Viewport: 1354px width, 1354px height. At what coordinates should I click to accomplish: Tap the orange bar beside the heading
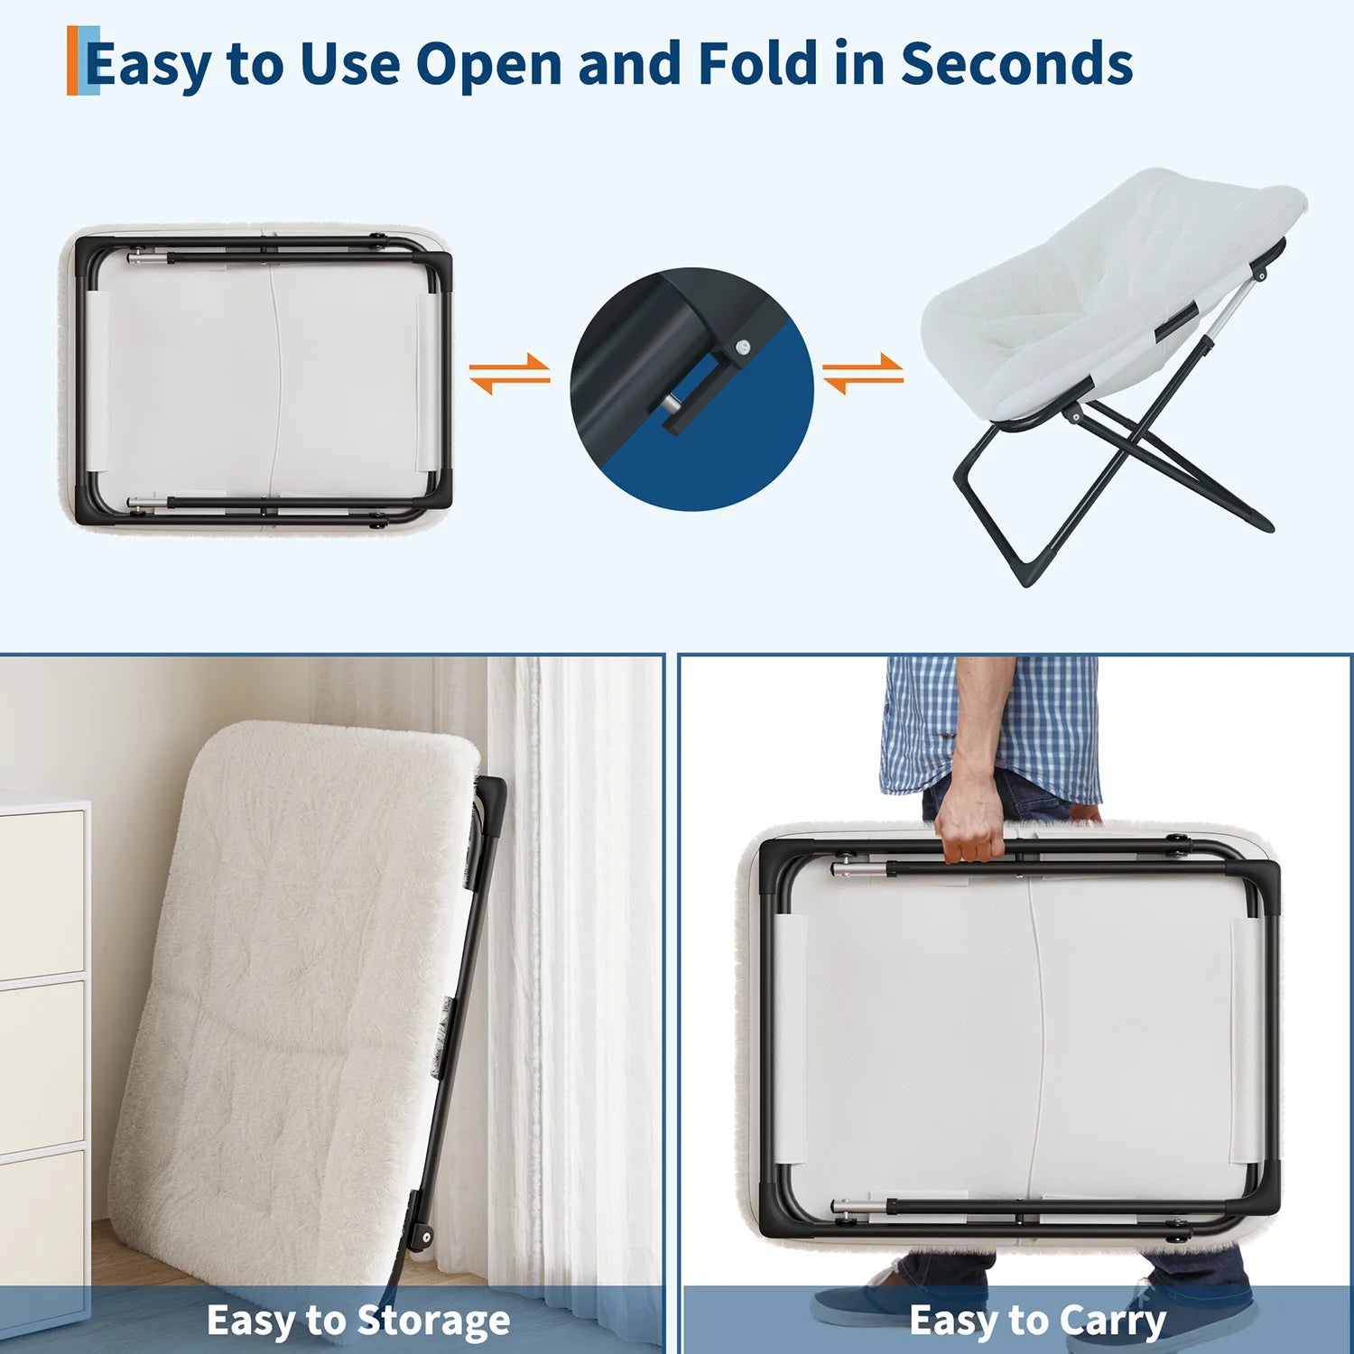click(x=72, y=60)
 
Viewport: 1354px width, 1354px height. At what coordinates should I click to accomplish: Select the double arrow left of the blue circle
click(x=509, y=374)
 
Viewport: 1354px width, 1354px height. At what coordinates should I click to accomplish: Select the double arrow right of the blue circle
click(x=863, y=374)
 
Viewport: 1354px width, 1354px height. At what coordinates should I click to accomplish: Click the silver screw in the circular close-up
click(x=742, y=346)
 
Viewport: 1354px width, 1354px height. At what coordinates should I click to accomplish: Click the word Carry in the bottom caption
click(x=1112, y=1322)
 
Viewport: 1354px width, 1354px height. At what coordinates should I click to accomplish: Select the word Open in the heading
click(x=488, y=65)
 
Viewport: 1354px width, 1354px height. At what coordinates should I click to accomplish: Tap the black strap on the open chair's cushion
click(x=1177, y=322)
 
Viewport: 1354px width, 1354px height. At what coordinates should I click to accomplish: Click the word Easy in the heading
click(x=150, y=65)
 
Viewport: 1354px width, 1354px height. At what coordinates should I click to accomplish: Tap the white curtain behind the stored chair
click(x=578, y=975)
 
